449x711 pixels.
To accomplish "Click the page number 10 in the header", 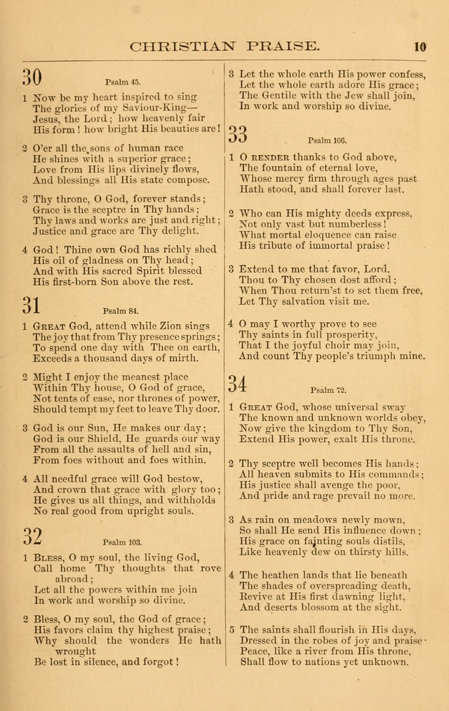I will coord(420,47).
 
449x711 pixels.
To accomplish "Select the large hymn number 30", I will coord(32,77).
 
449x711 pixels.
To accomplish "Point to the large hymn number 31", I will coord(32,305).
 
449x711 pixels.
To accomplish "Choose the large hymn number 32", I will coord(32,537).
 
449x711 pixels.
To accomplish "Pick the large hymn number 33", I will coord(239,133).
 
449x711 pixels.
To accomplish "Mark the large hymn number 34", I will coord(239,384).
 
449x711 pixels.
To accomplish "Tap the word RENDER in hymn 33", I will coord(269,157).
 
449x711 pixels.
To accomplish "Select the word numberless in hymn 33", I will coord(354,223).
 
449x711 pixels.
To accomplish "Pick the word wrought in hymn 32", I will coord(75,651).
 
